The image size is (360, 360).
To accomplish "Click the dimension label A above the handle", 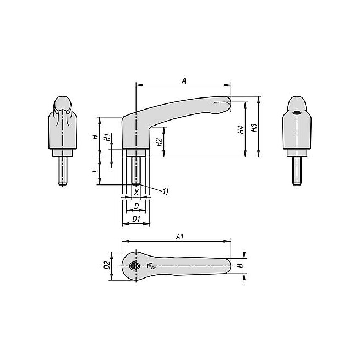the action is click(x=184, y=81).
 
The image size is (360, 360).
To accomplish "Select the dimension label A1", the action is click(x=180, y=237).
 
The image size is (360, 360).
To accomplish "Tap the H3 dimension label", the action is click(x=254, y=128).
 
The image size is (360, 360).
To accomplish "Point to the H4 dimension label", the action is click(x=241, y=130).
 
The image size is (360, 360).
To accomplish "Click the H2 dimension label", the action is click(x=159, y=143).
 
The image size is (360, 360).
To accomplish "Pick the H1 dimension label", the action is click(x=107, y=137).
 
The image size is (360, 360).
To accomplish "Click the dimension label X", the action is click(x=137, y=193).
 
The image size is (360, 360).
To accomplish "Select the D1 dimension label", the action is click(x=136, y=219).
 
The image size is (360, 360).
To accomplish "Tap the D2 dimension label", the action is click(x=107, y=265).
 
